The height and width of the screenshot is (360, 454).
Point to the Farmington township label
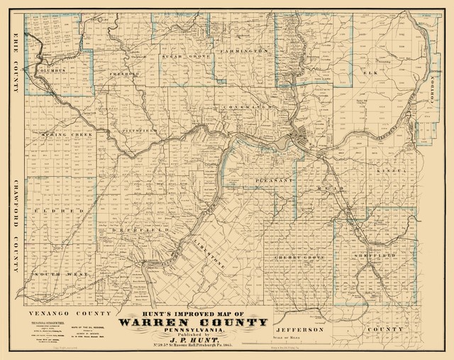click(245, 52)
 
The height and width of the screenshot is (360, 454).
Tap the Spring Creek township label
click(62, 134)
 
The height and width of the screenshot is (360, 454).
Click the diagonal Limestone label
click(208, 248)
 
